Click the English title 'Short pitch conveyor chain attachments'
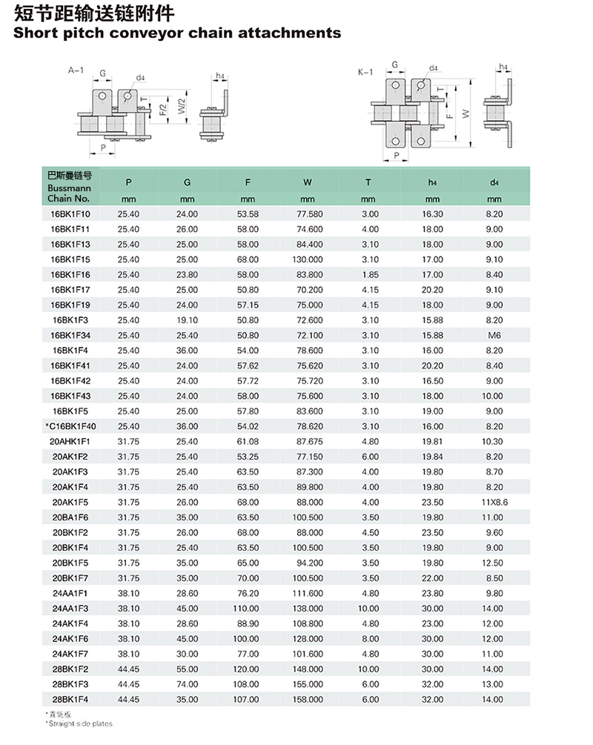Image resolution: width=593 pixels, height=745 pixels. click(x=177, y=33)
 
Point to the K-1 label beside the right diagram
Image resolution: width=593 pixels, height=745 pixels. click(x=365, y=73)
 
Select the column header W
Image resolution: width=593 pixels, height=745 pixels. click(x=308, y=182)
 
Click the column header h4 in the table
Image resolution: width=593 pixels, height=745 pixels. click(x=432, y=182)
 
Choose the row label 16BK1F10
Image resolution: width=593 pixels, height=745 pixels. click(x=71, y=213)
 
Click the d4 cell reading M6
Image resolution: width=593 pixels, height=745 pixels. click(x=494, y=335)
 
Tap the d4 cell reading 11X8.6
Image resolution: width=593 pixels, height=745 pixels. click(x=494, y=502)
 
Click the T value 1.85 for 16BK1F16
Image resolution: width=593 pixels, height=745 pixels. click(x=370, y=274)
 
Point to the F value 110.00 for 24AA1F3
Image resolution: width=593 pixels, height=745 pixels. click(x=248, y=608)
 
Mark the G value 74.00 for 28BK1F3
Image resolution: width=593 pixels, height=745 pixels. click(x=187, y=683)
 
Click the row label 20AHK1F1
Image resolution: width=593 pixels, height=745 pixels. click(x=71, y=441)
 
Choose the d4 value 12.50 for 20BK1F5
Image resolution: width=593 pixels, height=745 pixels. click(x=494, y=563)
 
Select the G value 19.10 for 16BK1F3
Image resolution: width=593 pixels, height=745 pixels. click(x=187, y=319)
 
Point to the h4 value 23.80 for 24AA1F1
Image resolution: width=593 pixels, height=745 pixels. click(x=432, y=593)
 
